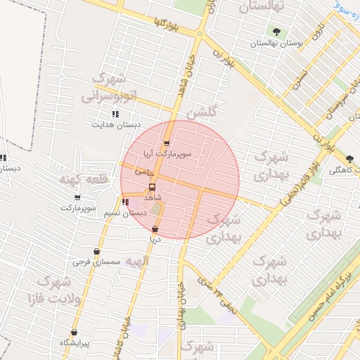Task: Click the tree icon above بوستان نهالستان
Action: (276, 32)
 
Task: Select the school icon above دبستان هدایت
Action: (115, 114)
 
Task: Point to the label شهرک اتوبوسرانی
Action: (112, 87)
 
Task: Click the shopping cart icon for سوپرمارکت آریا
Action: (167, 143)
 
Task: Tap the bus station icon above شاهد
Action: (152, 187)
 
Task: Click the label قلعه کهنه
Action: (83, 179)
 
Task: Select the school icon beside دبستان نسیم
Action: (125, 202)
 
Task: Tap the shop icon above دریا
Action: (155, 229)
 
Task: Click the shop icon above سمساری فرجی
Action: (96, 252)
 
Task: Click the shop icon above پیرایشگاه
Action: (74, 333)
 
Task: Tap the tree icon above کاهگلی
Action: (350, 159)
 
